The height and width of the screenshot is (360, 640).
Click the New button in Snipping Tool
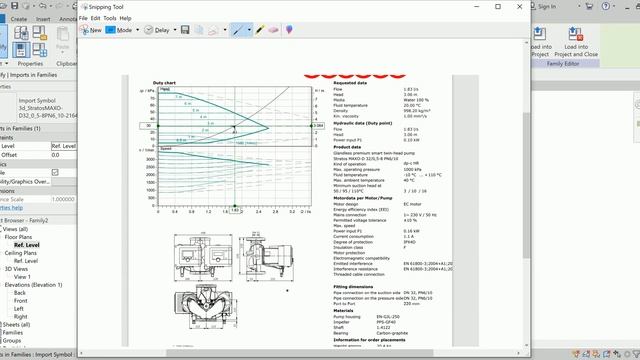click(x=91, y=30)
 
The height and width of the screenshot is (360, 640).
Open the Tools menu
click(x=109, y=18)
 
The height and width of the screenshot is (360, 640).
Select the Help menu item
click(x=126, y=18)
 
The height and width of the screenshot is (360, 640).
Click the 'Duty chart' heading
click(x=164, y=82)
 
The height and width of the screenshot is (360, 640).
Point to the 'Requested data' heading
click(x=351, y=82)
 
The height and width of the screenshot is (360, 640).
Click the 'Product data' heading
click(x=347, y=146)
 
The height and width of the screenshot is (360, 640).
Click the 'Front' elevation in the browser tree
click(x=21, y=300)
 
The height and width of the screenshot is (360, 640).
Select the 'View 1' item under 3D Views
click(x=23, y=276)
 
